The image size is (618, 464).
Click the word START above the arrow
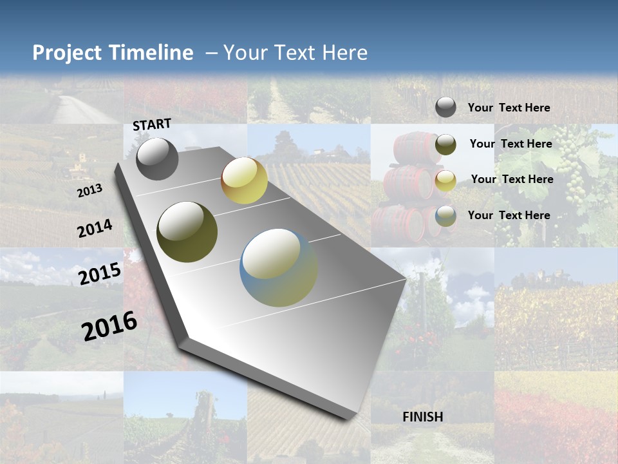tap(152, 124)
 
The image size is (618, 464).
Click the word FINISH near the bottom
tap(423, 417)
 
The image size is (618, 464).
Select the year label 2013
tap(89, 190)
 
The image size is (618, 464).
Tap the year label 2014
tap(95, 228)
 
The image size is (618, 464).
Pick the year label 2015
tap(100, 273)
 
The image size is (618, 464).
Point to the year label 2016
tap(109, 325)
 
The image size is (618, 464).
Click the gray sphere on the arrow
tap(157, 159)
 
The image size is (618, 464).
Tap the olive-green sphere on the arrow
tap(187, 231)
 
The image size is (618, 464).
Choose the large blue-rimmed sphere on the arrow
tap(279, 267)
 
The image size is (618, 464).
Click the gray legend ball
tap(445, 108)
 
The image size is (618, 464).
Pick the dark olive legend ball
tap(445, 144)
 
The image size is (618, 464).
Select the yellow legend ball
tap(445, 180)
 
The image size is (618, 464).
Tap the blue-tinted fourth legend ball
tap(445, 216)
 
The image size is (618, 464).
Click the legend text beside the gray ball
tap(509, 108)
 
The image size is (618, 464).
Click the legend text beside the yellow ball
tap(512, 179)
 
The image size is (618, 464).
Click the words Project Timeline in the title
tap(113, 53)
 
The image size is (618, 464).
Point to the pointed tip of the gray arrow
tap(348, 418)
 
